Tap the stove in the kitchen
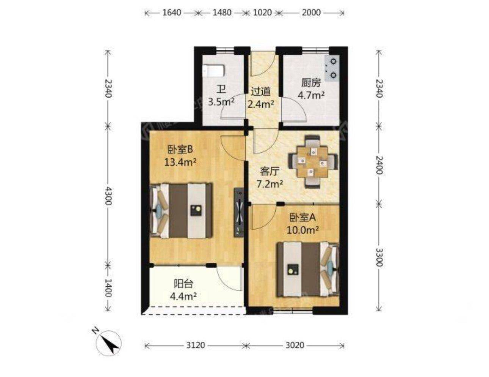(x=332, y=68)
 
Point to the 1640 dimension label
(x=171, y=13)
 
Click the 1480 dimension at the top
(x=222, y=13)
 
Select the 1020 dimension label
(x=262, y=13)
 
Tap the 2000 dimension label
(x=311, y=13)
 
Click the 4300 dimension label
(x=108, y=196)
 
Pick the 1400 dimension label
(x=108, y=288)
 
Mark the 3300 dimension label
(x=379, y=257)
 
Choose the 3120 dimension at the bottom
(x=195, y=345)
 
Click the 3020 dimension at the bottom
(x=295, y=345)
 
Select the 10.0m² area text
(x=302, y=230)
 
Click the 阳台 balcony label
(x=183, y=284)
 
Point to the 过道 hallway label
(x=260, y=91)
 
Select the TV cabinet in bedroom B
(x=238, y=212)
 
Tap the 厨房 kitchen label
(x=311, y=83)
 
